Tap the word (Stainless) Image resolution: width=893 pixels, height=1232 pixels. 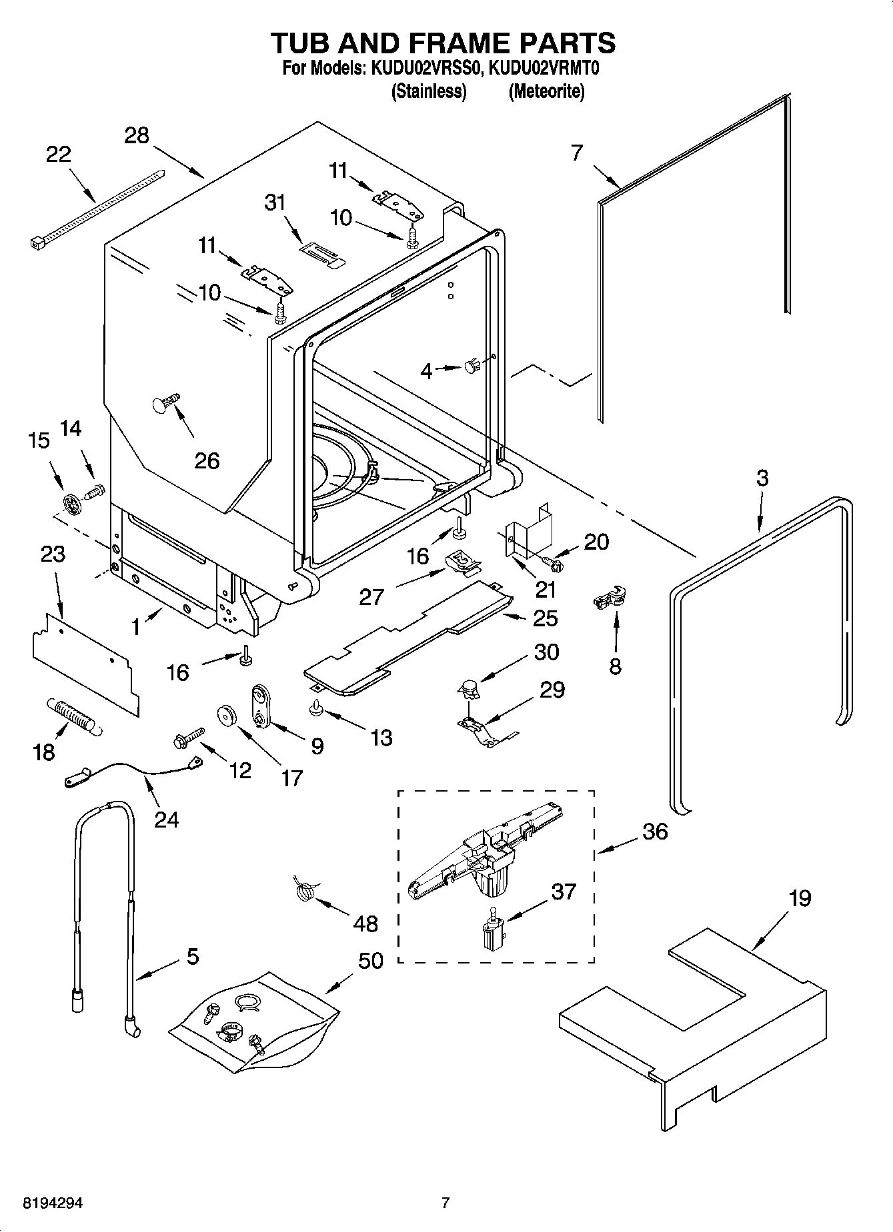coord(427,91)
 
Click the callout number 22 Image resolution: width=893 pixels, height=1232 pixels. coord(59,155)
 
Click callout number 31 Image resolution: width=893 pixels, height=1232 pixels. coord(275,202)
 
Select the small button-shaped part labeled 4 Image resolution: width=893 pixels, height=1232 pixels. coord(473,365)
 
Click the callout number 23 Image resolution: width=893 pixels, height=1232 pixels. coord(53,554)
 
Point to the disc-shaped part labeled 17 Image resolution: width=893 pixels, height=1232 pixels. coord(229,716)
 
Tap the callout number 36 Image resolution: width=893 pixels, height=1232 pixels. coord(655,832)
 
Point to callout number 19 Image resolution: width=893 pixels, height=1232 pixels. coord(800,899)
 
